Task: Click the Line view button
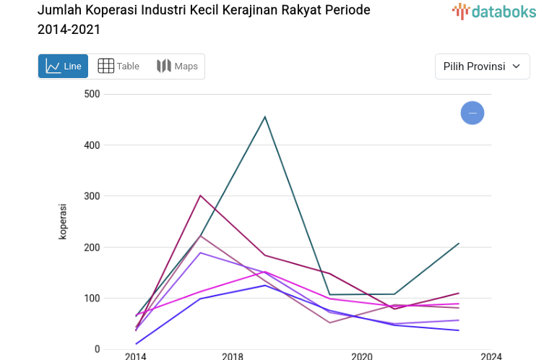click(63, 67)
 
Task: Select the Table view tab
click(118, 67)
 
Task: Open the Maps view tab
click(177, 67)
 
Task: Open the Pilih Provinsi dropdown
click(482, 67)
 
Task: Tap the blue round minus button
click(472, 113)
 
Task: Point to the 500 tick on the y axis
click(92, 94)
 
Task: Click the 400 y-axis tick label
click(92, 145)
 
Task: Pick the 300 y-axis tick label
click(92, 196)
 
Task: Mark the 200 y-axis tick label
click(92, 247)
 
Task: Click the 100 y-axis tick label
click(92, 299)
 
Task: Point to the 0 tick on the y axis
click(97, 349)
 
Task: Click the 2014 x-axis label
click(135, 356)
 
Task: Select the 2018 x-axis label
click(233, 356)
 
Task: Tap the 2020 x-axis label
click(361, 356)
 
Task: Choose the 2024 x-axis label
click(491, 356)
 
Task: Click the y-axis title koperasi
click(64, 221)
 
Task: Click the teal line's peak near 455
click(265, 117)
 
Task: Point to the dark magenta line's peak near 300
click(200, 196)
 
